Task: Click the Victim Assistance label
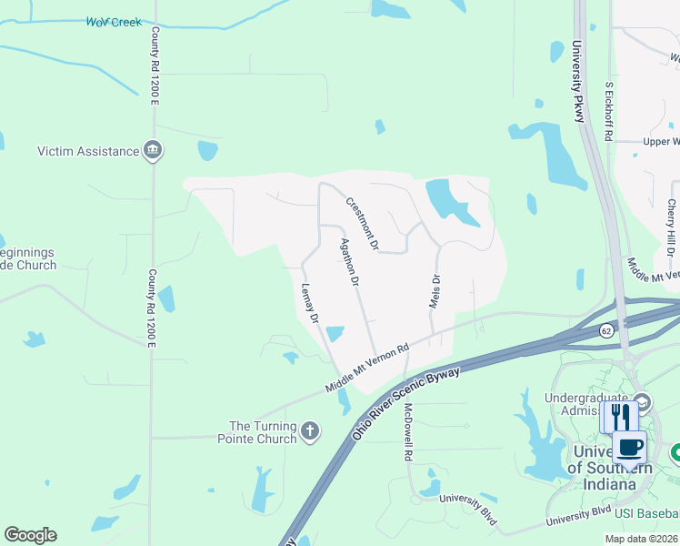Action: pyautogui.click(x=89, y=151)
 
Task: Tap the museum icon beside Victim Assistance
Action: pyautogui.click(x=153, y=151)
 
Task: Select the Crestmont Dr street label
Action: pyautogui.click(x=361, y=223)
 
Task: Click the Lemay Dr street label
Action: pyautogui.click(x=310, y=304)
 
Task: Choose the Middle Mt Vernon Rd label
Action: pyautogui.click(x=367, y=368)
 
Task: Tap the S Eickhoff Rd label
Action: pyautogui.click(x=610, y=111)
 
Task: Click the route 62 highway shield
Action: pyautogui.click(x=606, y=331)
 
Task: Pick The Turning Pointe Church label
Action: pyautogui.click(x=263, y=432)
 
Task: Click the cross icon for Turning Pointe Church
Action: pyautogui.click(x=310, y=430)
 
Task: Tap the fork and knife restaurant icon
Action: pyautogui.click(x=621, y=417)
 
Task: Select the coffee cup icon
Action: pyautogui.click(x=630, y=447)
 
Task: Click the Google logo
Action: pyautogui.click(x=30, y=535)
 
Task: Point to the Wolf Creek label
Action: pyautogui.click(x=114, y=22)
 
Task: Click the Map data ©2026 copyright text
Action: pyautogui.click(x=642, y=539)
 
